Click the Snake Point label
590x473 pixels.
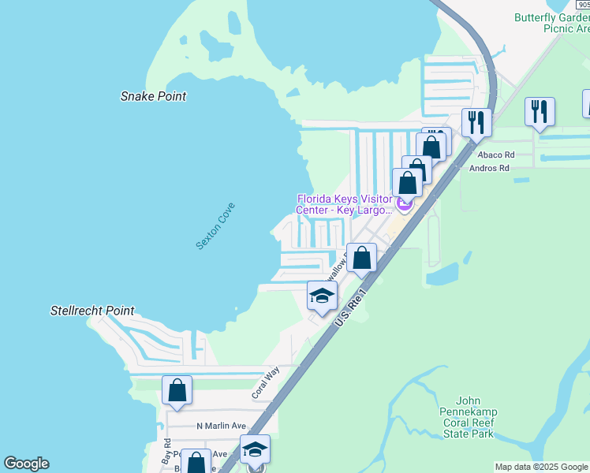pos(153,96)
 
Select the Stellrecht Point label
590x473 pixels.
pos(92,311)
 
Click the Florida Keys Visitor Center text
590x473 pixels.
pos(344,204)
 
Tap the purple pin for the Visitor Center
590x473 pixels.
pos(405,205)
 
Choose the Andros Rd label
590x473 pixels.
pos(490,168)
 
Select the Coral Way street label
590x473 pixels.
pos(266,383)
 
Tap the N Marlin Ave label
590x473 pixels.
pos(221,426)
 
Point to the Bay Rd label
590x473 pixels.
pos(166,450)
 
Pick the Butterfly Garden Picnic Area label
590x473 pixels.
pos(551,23)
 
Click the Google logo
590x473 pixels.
pos(26,464)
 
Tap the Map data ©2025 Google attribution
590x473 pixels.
pos(540,467)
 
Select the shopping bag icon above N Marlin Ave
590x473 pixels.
pos(177,389)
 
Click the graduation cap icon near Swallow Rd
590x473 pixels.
pos(322,296)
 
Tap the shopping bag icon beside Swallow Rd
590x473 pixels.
pos(361,258)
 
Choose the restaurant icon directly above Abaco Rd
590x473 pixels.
pos(540,111)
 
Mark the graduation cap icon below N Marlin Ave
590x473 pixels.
pos(255,449)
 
